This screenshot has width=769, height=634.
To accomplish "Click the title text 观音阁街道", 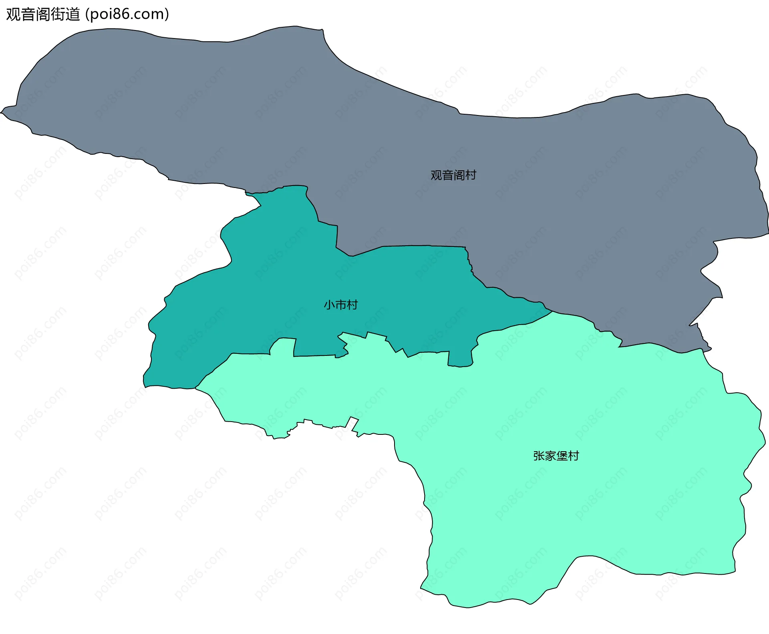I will (43, 14).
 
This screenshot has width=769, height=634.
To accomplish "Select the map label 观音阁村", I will (453, 175).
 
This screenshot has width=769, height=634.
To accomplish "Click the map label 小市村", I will (341, 305).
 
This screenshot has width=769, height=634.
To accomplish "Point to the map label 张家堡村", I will (556, 456).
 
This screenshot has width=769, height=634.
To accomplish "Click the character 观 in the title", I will (13, 14).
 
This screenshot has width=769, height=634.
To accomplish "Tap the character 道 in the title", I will (73, 14).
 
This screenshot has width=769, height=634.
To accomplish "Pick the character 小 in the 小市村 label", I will (329, 305).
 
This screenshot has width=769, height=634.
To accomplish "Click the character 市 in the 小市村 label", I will (341, 305).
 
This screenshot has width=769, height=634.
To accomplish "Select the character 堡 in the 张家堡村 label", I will (562, 456).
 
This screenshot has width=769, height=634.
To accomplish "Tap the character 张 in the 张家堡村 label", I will (539, 456).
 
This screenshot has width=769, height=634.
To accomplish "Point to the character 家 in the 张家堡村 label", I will (550, 456).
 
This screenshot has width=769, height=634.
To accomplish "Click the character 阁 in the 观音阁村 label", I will (459, 175).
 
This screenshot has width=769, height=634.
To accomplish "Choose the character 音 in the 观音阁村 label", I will (448, 175).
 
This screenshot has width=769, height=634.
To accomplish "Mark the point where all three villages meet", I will (552, 311).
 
